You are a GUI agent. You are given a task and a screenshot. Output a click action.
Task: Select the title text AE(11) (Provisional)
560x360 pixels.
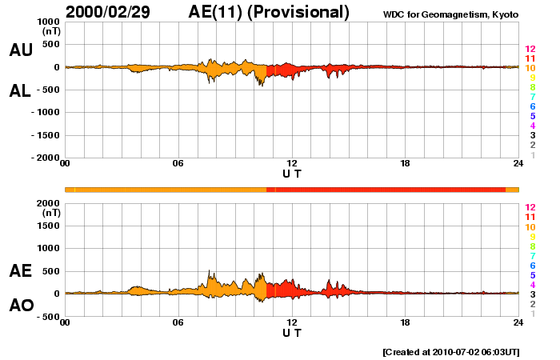270,11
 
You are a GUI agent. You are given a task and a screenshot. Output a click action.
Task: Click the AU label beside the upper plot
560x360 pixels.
21,50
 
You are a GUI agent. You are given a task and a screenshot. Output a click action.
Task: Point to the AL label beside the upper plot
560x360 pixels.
21,90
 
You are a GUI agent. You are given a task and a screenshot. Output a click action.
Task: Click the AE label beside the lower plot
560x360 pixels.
21,271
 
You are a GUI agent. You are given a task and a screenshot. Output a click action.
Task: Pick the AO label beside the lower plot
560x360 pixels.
21,306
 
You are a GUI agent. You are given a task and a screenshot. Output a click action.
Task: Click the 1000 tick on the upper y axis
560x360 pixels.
48,22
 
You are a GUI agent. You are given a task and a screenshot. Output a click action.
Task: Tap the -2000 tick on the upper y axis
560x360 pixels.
45,158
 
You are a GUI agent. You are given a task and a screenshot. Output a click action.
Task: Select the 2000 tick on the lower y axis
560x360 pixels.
48,203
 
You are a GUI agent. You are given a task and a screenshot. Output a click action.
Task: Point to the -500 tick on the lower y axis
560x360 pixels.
48,317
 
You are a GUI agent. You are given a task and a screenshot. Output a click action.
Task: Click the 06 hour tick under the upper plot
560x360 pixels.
178,164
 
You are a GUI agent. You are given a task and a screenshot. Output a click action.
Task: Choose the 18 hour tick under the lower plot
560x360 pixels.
405,322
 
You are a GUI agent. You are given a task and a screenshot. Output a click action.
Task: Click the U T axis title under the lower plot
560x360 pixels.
292,332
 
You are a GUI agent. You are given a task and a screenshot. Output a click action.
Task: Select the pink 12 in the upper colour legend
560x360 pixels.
530,49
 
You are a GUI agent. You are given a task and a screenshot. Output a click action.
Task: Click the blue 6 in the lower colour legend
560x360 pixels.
531,266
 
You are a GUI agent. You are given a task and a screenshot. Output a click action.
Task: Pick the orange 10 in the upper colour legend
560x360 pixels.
530,68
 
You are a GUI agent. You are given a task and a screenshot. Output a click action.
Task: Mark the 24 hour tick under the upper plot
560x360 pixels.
518,164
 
